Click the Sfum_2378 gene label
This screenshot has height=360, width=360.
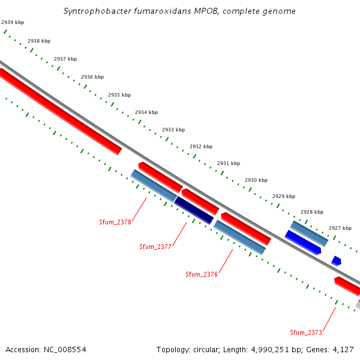tap(115, 222)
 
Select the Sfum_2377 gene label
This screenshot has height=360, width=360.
tap(155, 247)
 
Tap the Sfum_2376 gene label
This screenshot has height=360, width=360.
tap(202, 274)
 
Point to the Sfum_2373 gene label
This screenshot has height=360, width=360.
tap(306, 332)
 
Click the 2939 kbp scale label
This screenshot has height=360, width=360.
tap(13, 22)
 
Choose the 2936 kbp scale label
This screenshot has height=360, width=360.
tap(92, 77)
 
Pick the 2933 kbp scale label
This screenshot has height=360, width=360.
tap(173, 130)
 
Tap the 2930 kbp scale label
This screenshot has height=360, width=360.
tap(256, 180)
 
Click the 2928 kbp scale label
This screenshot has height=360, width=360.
tap(312, 212)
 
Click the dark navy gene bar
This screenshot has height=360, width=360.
tap(194, 210)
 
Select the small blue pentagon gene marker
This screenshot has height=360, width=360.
tap(336, 261)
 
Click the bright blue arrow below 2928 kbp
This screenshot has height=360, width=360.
tap(303, 242)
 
